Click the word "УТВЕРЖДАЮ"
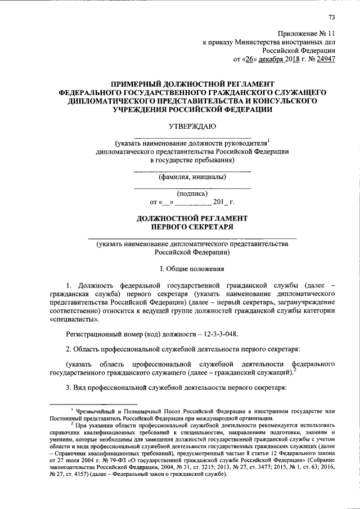(192, 128)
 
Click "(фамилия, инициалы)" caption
(192, 177)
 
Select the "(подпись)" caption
(192, 193)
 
